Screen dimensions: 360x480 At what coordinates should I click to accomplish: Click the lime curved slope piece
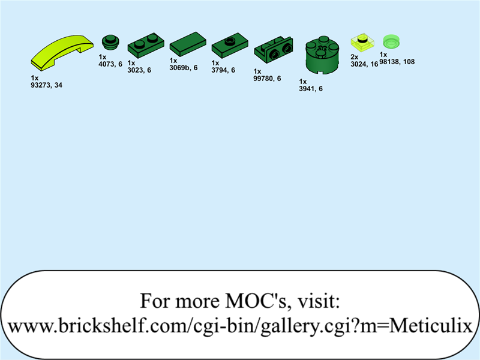click(x=62, y=53)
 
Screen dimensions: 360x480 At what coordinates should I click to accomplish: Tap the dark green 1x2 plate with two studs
click(x=145, y=47)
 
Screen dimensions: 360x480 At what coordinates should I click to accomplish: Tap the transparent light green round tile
click(x=391, y=41)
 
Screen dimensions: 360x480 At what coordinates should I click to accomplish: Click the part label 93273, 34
click(x=47, y=85)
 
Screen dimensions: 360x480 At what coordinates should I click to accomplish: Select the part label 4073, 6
click(x=110, y=64)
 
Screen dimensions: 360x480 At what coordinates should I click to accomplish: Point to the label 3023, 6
click(x=139, y=70)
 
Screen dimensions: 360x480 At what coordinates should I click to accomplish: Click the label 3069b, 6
click(x=184, y=68)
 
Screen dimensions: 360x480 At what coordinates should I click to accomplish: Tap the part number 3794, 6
click(x=223, y=70)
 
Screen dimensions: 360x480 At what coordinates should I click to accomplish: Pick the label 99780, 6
click(x=267, y=79)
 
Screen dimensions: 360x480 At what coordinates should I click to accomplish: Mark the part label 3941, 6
click(x=311, y=89)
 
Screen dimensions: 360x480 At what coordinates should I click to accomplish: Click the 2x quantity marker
click(x=354, y=57)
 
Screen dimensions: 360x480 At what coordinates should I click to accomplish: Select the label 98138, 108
click(x=397, y=62)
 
